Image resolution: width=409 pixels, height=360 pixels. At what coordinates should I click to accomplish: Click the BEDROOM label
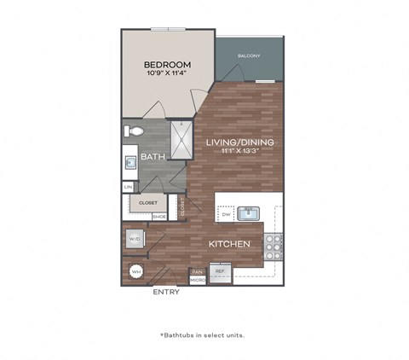point(167,64)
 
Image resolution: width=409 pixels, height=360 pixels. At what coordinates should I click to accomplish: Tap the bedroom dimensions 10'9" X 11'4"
point(167,74)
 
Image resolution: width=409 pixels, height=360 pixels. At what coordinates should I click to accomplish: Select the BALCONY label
point(249,56)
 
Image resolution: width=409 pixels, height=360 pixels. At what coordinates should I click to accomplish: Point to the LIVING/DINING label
point(238,142)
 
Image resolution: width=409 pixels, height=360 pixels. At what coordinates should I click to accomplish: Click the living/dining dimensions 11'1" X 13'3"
point(238,151)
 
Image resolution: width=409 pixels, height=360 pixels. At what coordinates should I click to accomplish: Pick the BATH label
point(152,156)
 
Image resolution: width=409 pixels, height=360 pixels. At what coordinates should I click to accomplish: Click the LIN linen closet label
point(129,186)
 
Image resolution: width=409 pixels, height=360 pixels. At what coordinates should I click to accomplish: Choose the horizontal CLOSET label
point(147,203)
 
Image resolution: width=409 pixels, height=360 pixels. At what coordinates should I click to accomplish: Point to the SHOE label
point(158,217)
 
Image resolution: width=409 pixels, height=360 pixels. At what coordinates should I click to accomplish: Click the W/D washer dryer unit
point(135,240)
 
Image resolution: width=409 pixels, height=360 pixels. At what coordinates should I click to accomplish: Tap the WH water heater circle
point(135,273)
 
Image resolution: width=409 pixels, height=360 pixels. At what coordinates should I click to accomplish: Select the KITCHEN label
point(229,244)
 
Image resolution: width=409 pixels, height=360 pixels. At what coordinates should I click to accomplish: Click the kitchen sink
point(249,213)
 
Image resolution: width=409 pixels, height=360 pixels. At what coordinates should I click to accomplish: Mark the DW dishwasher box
point(224,216)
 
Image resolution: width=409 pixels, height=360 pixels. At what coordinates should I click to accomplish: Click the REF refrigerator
point(219,273)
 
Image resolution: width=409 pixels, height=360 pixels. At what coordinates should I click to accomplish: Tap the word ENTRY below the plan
point(166,292)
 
